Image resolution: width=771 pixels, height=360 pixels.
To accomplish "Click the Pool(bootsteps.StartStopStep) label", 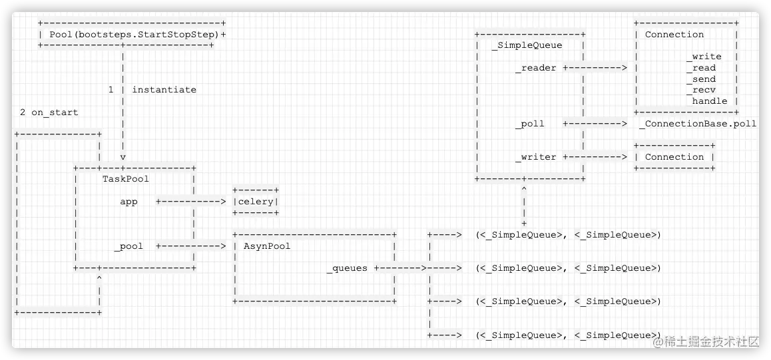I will [x=134, y=34].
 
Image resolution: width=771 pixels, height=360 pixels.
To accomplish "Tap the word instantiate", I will [x=164, y=89].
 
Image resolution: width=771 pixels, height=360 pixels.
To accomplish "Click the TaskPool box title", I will [x=125, y=178].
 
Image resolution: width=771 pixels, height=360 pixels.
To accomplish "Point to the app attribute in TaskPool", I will [x=128, y=201].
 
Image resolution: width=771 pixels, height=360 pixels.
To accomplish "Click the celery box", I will [x=256, y=202].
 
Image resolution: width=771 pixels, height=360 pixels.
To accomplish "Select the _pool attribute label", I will [x=128, y=246].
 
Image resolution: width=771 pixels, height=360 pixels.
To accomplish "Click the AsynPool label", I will [x=267, y=246].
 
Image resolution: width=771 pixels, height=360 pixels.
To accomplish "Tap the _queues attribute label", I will [x=346, y=268].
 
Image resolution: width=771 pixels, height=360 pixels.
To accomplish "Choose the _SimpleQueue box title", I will [x=527, y=45].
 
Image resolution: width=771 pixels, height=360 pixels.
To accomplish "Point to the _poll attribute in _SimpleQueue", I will [x=530, y=123].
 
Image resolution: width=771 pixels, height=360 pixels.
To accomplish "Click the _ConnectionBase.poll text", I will [x=697, y=124].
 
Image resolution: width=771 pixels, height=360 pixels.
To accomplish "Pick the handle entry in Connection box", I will [x=709, y=101].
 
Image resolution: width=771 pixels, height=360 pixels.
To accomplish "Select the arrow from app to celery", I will [x=191, y=201].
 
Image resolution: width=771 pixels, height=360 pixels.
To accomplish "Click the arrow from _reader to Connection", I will [x=595, y=68].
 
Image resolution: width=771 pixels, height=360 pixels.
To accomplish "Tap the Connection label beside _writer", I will [x=674, y=157].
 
